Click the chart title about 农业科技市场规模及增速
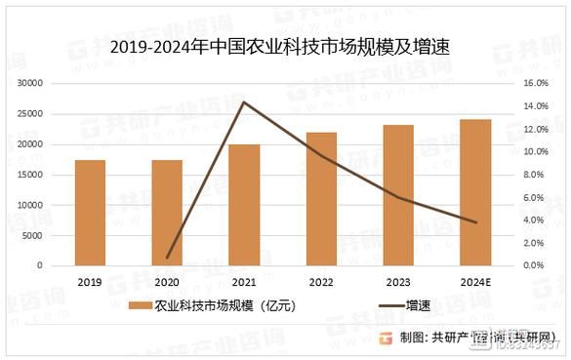pos(284,47)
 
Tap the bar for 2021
pos(245,205)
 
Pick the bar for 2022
pos(322,199)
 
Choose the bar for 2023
pos(398,195)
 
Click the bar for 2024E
pos(475,192)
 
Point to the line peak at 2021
pos(243,101)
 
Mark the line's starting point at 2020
pos(167,258)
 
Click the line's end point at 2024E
pos(475,222)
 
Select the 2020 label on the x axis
pos(167,281)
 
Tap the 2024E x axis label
pos(475,281)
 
